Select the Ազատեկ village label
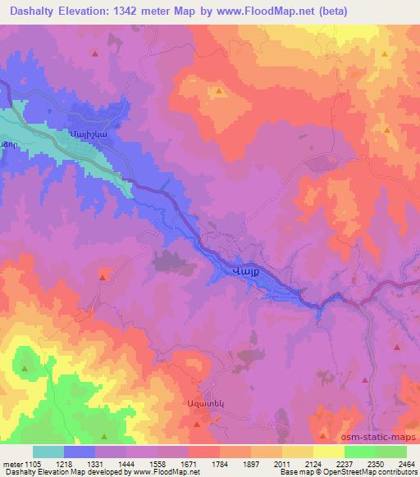click(x=202, y=404)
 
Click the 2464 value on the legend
click(x=407, y=464)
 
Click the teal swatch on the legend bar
click(x=48, y=452)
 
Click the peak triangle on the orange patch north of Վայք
click(x=219, y=92)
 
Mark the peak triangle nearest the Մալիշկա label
click(x=95, y=53)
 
